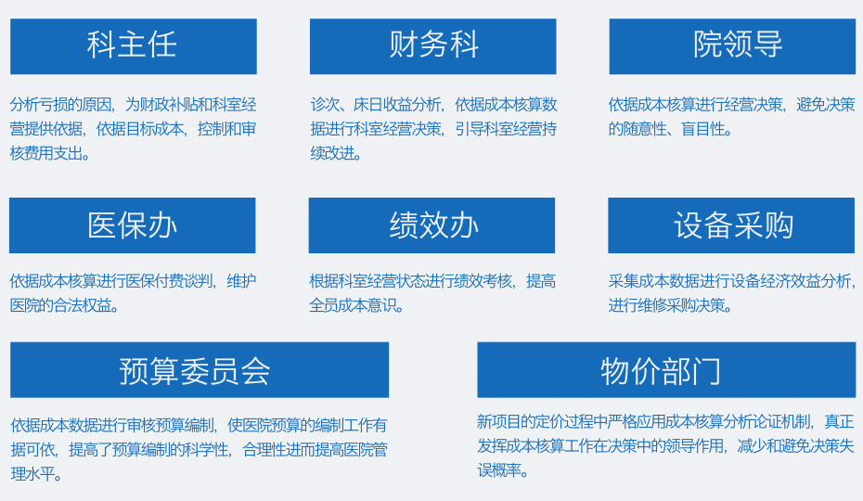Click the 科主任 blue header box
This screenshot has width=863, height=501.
coord(134,46)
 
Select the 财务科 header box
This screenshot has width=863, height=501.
coord(432,46)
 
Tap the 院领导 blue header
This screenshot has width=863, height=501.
coord(732,46)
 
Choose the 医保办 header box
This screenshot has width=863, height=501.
coord(132,225)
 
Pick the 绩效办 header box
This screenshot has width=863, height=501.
coord(431,225)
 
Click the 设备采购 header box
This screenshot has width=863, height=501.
coord(731,225)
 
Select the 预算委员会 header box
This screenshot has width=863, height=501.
coord(200,369)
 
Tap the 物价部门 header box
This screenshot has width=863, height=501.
coord(666,369)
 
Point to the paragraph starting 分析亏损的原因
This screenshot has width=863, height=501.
coord(134,129)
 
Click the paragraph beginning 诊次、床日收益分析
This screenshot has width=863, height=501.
coord(433,129)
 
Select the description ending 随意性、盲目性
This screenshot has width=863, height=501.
coord(731,117)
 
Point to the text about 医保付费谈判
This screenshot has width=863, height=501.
coord(134,293)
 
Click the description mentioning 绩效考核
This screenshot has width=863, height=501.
coord(432,293)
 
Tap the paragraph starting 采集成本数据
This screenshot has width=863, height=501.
coord(732,293)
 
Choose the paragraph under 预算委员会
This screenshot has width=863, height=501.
coord(200,449)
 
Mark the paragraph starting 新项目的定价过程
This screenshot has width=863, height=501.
coord(666,446)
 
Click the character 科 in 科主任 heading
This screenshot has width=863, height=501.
coord(101,45)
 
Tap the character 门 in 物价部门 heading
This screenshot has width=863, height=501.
coord(707,371)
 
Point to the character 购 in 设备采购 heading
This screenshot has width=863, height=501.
coord(779,225)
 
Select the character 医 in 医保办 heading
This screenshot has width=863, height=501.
coord(102,225)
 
